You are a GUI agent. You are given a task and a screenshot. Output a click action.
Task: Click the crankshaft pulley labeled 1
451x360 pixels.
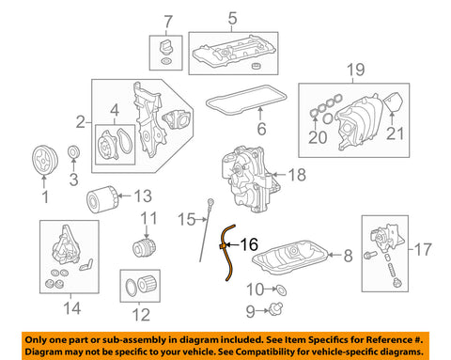pyautogui.click(x=45, y=161)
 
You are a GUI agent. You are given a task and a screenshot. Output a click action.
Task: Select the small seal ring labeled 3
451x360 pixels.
pyautogui.click(x=74, y=152)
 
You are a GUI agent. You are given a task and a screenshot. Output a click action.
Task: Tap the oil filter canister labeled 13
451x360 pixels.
pyautogui.click(x=102, y=199)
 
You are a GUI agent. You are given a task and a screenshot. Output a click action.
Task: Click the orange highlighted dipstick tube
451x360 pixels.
pyautogui.click(x=227, y=253)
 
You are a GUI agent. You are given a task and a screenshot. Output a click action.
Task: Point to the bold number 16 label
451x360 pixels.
pyautogui.click(x=249, y=244)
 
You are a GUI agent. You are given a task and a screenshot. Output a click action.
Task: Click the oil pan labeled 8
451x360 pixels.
pyautogui.click(x=290, y=258)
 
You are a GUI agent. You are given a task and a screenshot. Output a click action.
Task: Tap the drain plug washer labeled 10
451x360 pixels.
pyautogui.click(x=282, y=290)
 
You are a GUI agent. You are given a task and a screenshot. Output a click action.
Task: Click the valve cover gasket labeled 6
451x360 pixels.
pyautogui.click(x=246, y=100)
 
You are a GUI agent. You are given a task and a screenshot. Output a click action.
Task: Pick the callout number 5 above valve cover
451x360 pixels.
pyautogui.click(x=232, y=18)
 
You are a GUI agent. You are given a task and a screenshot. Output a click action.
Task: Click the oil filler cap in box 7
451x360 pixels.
pyautogui.click(x=165, y=47)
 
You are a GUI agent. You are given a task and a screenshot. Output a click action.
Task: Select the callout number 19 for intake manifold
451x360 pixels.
pyautogui.click(x=356, y=70)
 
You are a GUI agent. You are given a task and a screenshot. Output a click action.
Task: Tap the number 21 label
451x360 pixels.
pyautogui.click(x=395, y=133)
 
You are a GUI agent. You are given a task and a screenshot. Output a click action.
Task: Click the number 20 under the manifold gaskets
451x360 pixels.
pyautogui.click(x=318, y=137)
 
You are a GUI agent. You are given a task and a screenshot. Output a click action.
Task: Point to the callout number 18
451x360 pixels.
pyautogui.click(x=297, y=175)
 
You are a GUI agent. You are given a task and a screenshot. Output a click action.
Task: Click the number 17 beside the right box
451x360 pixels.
pyautogui.click(x=423, y=249)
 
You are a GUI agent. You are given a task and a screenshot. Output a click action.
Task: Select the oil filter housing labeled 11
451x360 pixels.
pyautogui.click(x=144, y=247)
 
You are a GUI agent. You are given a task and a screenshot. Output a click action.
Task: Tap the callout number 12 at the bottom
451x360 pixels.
pyautogui.click(x=141, y=315)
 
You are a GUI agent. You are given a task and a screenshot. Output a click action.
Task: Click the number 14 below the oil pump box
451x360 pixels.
pyautogui.click(x=72, y=308)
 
